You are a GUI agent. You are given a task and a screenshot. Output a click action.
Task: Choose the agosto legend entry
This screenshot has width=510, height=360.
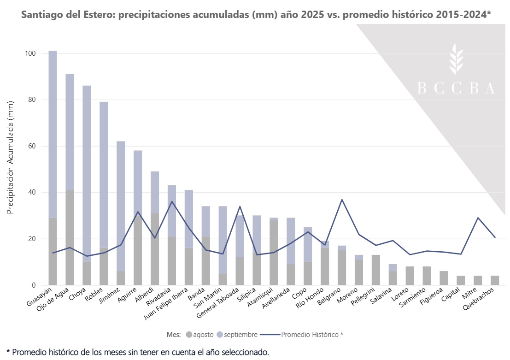(x=199, y=334)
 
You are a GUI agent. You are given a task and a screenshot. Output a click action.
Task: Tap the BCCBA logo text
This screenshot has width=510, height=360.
(x=456, y=89)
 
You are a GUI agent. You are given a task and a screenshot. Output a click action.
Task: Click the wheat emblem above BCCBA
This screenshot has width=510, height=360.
(x=456, y=59)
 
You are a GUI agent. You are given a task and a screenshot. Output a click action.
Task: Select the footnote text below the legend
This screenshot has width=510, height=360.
(x=138, y=352)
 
